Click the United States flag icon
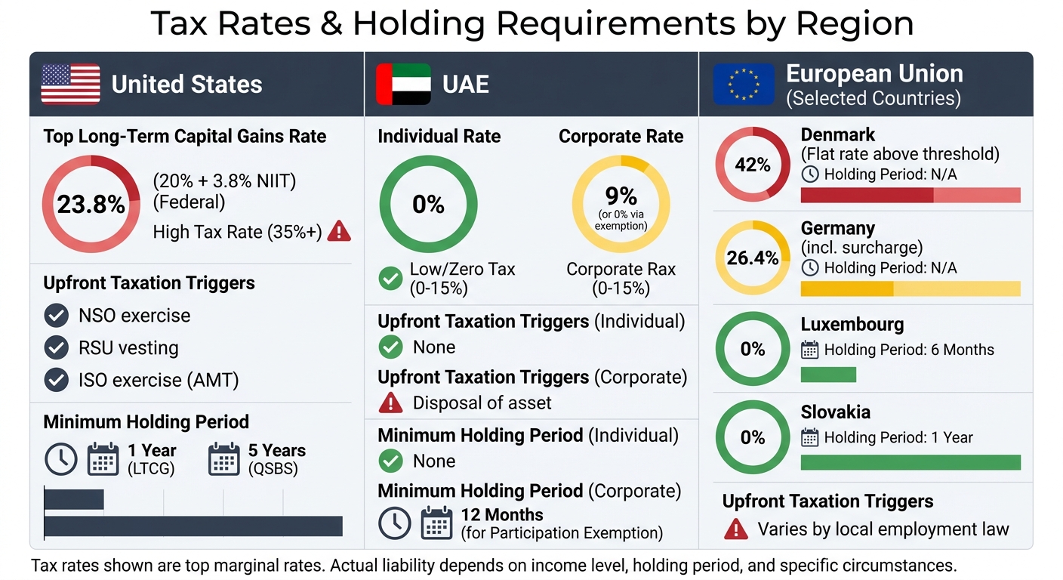pos(70,84)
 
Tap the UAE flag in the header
pos(403,84)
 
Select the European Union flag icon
pos(744,84)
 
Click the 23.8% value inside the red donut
pos(91,204)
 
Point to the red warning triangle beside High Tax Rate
pos(339,231)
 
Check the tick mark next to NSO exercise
pos(56,316)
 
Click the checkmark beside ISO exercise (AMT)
pos(56,380)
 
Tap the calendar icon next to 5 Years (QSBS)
pos(223,459)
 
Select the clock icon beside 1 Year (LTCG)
pos(60,459)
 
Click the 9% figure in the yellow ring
pos(621,196)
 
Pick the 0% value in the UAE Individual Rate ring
pos(428,204)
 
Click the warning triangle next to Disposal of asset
pos(390,403)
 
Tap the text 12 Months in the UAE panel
pos(502,515)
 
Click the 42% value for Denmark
pos(752,165)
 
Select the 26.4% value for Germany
pos(752,258)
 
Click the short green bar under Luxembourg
pos(828,375)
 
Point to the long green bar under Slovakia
pos(910,462)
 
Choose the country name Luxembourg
pos(852,325)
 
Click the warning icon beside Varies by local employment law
pos(735,529)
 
